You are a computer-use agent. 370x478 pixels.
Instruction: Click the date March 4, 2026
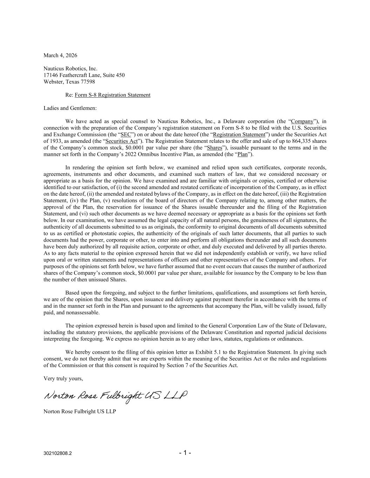point(60,55)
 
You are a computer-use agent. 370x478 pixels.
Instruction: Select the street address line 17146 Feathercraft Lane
point(84,75)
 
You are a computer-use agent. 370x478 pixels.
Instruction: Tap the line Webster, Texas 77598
point(69,82)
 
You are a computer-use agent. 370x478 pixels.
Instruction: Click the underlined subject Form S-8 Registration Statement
point(112,95)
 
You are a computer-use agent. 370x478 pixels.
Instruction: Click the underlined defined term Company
point(302,122)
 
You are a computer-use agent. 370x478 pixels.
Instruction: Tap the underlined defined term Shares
point(214,148)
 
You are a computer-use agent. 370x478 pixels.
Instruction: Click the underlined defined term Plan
point(242,154)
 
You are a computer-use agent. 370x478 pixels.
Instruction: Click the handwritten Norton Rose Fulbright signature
point(115,396)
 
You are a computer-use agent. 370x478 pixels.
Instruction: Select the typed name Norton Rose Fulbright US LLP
point(80,411)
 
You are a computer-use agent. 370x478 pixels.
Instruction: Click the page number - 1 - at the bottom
point(185,453)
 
